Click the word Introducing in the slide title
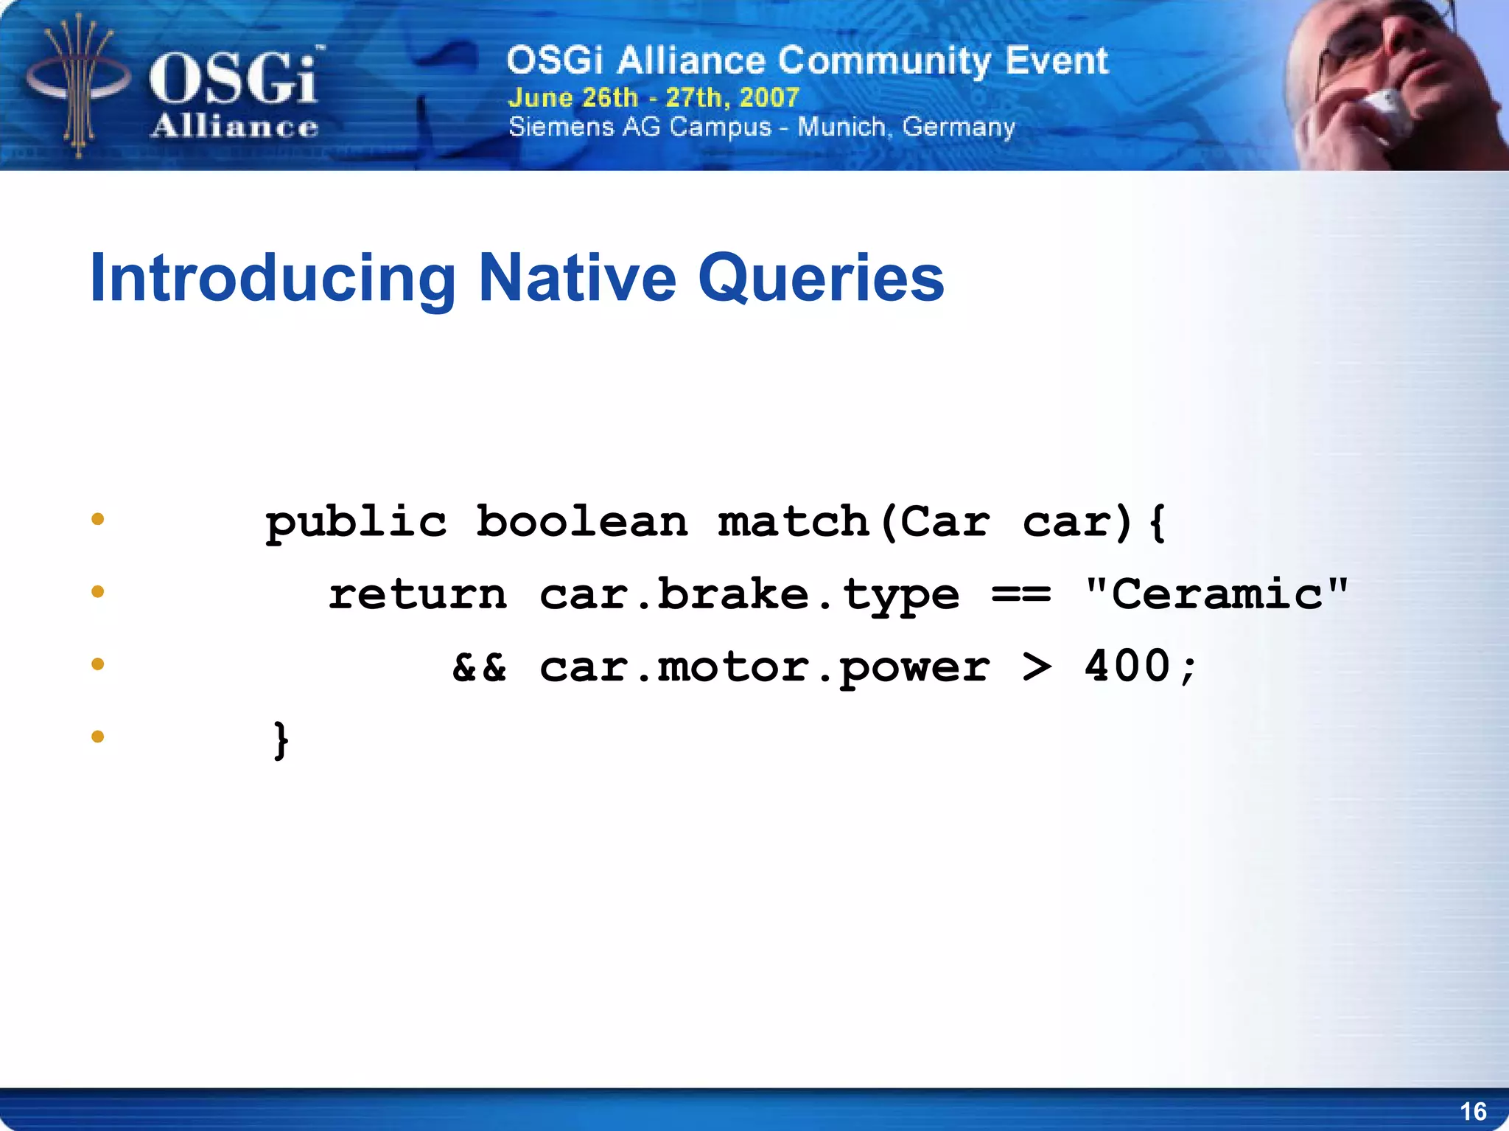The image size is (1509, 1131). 273,279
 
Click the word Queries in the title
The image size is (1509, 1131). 821,279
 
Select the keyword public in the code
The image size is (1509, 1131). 356,523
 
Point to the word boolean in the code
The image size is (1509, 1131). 582,522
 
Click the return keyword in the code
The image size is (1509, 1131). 418,594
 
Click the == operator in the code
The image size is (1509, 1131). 1021,594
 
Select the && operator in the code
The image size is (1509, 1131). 479,667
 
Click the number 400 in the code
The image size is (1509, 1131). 1127,667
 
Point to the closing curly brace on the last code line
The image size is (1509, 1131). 281,739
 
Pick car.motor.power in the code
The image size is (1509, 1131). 764,668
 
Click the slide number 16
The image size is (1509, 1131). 1473,1111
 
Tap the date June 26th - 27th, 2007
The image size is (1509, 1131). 654,97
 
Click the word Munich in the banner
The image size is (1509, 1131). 841,127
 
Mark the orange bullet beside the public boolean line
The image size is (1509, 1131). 98,520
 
